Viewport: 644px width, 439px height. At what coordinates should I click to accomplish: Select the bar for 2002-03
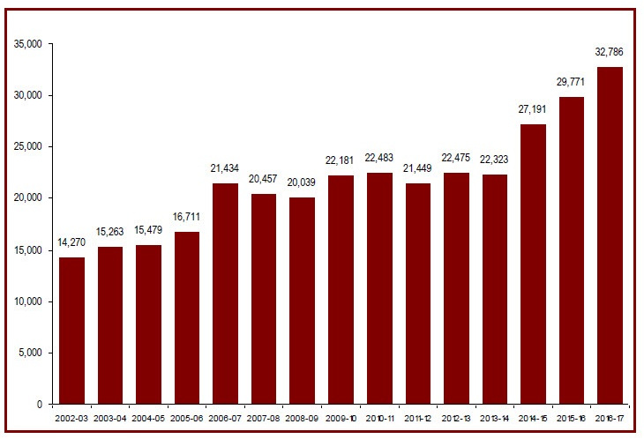point(71,331)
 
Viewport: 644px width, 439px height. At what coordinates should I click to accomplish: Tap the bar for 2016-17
point(610,235)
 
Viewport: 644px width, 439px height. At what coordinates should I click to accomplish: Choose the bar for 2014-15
point(533,264)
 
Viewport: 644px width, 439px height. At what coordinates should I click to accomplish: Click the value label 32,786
point(610,52)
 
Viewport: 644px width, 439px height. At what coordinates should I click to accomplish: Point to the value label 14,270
point(71,242)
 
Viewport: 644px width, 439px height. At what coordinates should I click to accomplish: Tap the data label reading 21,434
point(225,168)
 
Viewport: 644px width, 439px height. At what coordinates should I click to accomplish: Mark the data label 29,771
point(571,81)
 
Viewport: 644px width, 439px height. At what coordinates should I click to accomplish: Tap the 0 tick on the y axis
point(38,405)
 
